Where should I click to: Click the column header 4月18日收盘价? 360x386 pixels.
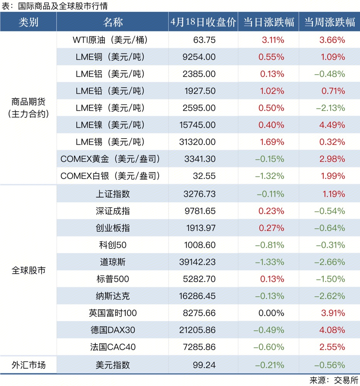(x=203, y=22)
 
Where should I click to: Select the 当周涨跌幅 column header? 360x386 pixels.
(x=329, y=22)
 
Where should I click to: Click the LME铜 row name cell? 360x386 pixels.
(x=110, y=57)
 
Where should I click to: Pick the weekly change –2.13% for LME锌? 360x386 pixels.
(x=330, y=108)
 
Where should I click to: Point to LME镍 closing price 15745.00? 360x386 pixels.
(x=197, y=125)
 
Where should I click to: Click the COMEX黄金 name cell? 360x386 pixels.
(x=110, y=159)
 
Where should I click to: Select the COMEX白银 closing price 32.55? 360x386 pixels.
(x=204, y=176)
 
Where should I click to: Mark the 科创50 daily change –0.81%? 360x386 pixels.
(x=270, y=245)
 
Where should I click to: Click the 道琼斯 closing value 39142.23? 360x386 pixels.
(x=197, y=262)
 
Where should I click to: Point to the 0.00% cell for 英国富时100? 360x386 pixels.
(x=273, y=313)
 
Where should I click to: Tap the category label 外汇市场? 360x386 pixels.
(x=28, y=365)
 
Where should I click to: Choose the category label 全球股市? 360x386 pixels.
(x=28, y=270)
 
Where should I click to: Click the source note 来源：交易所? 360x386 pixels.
(x=334, y=380)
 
